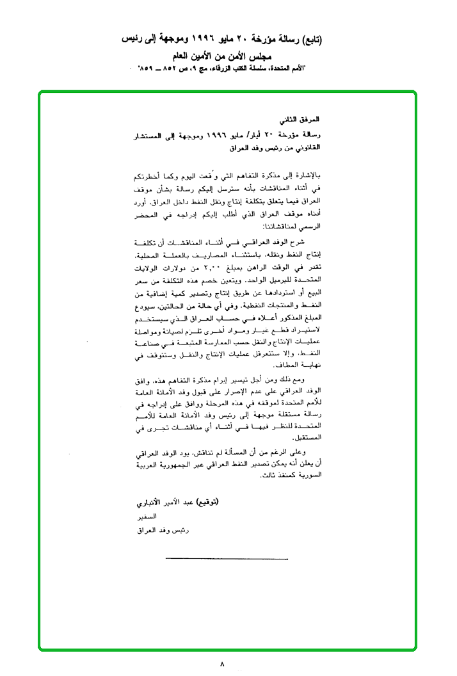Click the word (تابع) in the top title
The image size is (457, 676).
point(309,40)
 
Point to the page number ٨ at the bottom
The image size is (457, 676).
point(221,664)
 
